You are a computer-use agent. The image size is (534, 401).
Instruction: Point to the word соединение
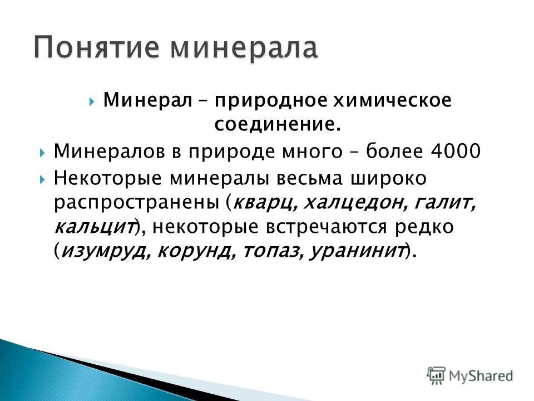(277, 125)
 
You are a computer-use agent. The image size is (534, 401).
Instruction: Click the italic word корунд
(194, 252)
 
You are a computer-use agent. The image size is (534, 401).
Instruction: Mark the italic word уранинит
(356, 252)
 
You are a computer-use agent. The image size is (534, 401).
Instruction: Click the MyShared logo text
(480, 376)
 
